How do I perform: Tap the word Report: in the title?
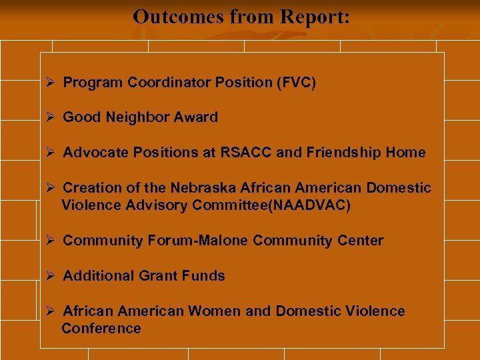pos(313,16)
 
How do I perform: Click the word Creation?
pos(90,189)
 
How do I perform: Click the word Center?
pos(361,241)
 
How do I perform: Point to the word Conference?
pos(101,329)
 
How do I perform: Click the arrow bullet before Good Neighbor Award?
pos(49,117)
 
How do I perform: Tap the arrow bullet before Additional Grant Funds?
pos(49,276)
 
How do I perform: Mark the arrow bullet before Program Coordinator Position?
pos(49,83)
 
